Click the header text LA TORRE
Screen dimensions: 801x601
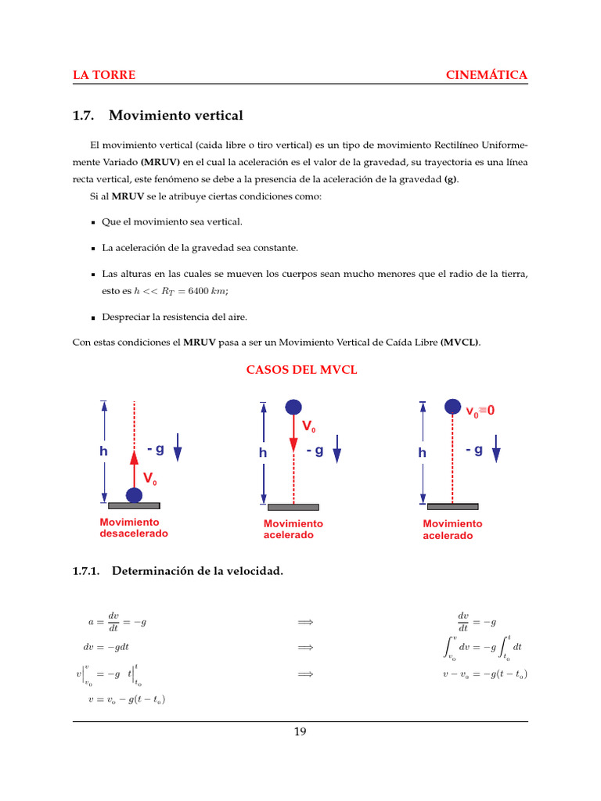(x=104, y=75)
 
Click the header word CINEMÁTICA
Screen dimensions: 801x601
(x=486, y=75)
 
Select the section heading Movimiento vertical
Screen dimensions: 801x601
(x=175, y=116)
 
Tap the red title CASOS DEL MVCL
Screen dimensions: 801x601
(x=302, y=370)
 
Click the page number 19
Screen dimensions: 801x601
(x=300, y=732)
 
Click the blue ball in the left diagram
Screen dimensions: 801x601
(x=134, y=495)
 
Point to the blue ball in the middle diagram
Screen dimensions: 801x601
(x=293, y=407)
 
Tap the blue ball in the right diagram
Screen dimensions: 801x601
(x=452, y=407)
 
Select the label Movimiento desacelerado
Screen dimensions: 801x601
(x=134, y=528)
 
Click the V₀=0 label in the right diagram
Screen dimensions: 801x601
(x=480, y=410)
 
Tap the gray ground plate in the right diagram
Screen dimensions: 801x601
(x=452, y=506)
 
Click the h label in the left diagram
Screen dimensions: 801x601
(x=103, y=451)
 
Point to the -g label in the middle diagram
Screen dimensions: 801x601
(x=315, y=451)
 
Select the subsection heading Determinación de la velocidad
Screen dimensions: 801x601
(x=196, y=571)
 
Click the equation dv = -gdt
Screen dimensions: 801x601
(x=106, y=648)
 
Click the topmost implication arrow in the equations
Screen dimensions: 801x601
(x=305, y=622)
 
